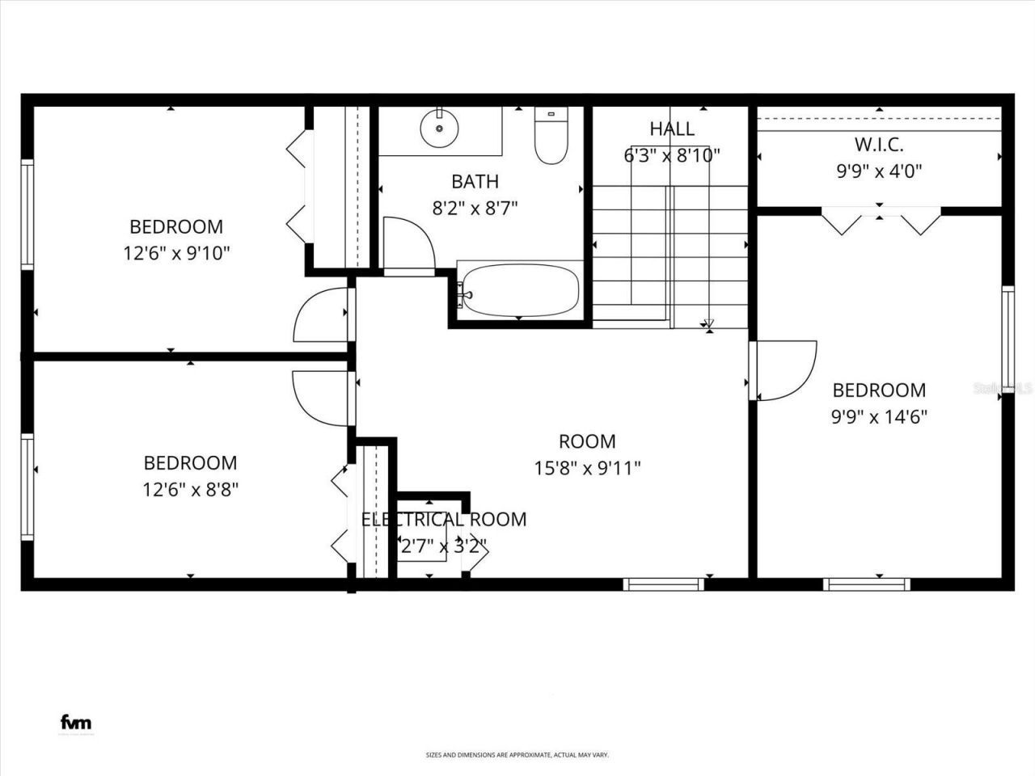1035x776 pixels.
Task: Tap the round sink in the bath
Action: [x=439, y=128]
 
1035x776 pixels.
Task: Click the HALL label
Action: [x=671, y=129]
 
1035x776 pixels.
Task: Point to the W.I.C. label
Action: [x=879, y=145]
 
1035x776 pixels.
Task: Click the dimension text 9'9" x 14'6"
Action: [x=879, y=417]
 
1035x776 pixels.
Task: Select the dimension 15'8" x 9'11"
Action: [x=587, y=468]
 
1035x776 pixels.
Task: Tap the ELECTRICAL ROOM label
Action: [x=443, y=520]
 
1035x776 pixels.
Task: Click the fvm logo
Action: [x=76, y=723]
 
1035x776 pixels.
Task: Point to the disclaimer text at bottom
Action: [x=517, y=755]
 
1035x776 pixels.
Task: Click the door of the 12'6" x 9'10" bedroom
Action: [x=321, y=314]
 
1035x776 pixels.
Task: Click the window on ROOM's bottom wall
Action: [x=665, y=584]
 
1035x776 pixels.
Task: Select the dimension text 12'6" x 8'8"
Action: [x=190, y=490]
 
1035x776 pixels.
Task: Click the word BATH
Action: [x=475, y=182]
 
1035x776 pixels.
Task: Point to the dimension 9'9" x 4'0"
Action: [x=879, y=171]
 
